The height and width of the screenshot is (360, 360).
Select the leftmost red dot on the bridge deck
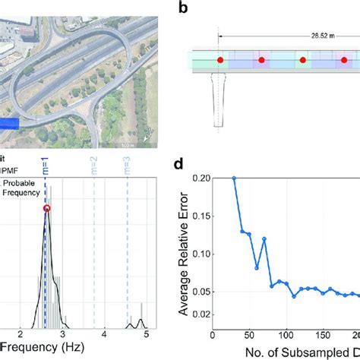coord(220,59)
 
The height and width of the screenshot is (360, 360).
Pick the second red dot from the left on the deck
coord(262,59)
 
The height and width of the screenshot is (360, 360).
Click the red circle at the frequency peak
coord(47,209)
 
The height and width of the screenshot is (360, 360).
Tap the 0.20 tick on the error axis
coord(201,178)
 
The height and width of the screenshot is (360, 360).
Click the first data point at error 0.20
coord(234,178)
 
